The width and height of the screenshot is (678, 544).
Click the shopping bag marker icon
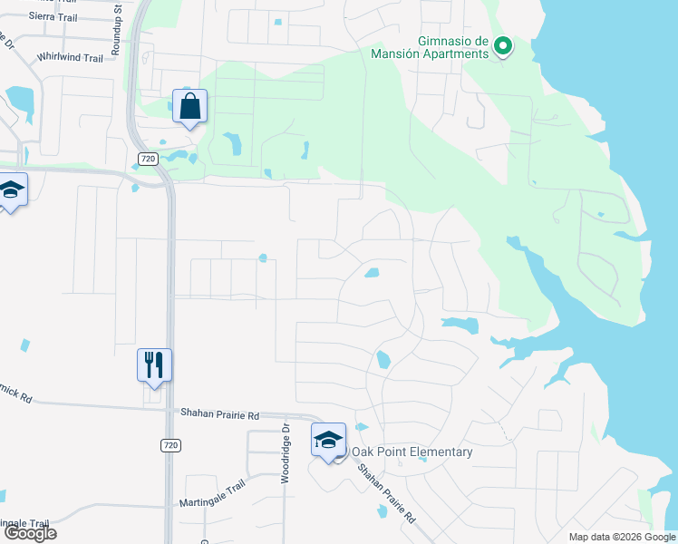[x=190, y=106]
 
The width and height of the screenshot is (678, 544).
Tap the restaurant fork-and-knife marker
[x=154, y=365]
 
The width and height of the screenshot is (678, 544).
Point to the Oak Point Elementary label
[x=412, y=452]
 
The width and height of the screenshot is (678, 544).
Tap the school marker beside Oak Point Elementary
[x=328, y=441]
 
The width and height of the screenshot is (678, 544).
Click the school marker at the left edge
[x=11, y=189]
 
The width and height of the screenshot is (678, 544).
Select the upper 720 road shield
[x=150, y=159]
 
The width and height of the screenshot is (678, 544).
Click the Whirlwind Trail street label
[x=70, y=57]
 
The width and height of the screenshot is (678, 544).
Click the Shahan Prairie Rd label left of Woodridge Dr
[x=219, y=413]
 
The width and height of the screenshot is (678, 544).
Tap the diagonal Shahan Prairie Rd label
[x=386, y=495]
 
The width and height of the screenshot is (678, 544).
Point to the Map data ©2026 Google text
[x=621, y=537]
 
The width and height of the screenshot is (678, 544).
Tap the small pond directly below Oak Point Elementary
[x=383, y=510]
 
